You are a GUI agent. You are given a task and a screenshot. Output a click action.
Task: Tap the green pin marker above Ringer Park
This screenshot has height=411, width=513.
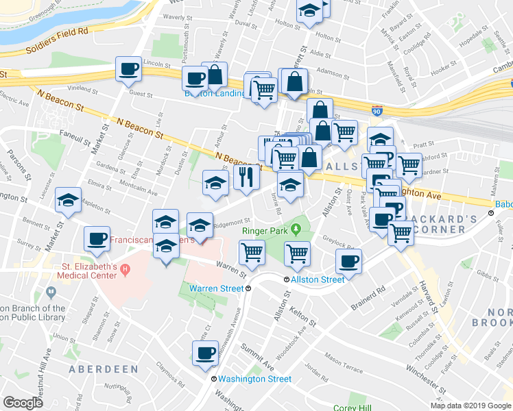coord(296,227)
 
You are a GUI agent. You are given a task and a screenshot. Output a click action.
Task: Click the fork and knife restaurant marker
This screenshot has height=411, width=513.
coord(246,178)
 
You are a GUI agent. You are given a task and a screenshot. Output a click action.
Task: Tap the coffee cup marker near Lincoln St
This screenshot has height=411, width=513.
coord(129,69)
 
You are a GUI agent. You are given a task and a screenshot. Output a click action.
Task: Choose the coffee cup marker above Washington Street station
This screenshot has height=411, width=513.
coord(205,353)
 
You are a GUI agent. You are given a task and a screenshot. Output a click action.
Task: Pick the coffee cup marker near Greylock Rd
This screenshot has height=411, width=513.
coord(349,262)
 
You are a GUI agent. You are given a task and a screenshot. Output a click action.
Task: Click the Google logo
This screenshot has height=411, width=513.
coord(23,403)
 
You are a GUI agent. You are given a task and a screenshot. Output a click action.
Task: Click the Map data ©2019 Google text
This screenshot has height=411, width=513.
coord(470,406)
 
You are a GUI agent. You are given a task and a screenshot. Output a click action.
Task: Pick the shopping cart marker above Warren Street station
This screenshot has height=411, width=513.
coord(252,252)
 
